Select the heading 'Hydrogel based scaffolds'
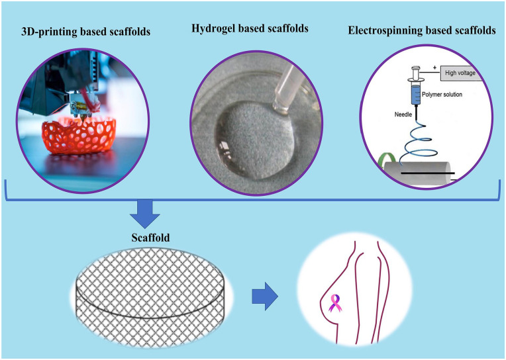[250, 28]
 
